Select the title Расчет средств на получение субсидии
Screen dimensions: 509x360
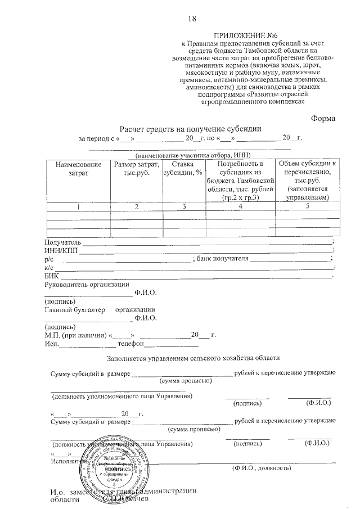click(x=190, y=128)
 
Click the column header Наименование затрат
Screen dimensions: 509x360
click(x=79, y=169)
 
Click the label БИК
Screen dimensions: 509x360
click(x=51, y=276)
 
